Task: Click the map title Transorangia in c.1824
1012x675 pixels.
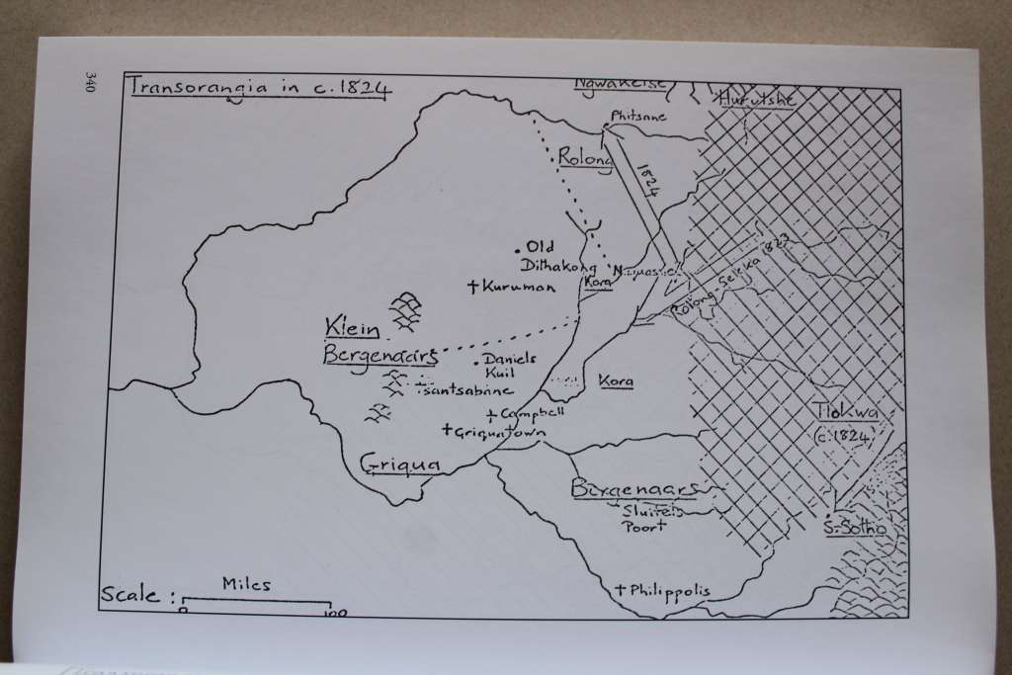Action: point(260,86)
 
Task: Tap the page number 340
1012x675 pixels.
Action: point(90,82)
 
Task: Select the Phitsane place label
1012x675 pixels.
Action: point(639,116)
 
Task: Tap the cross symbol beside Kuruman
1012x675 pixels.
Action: point(474,288)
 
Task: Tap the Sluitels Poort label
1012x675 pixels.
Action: point(645,518)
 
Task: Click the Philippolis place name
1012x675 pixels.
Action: point(669,591)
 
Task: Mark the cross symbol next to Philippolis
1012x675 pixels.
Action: point(619,590)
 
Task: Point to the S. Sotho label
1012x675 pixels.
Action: point(855,528)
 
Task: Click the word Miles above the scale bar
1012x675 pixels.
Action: point(246,585)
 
